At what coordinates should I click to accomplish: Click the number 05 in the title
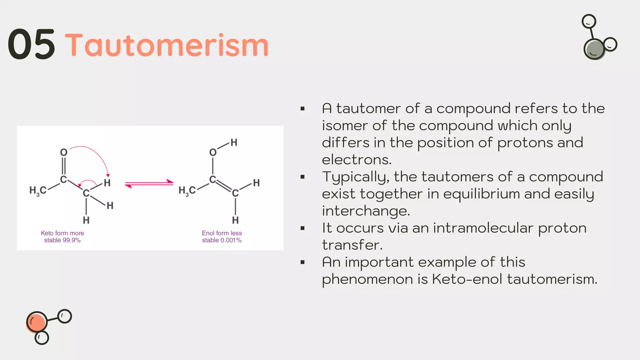tap(31, 44)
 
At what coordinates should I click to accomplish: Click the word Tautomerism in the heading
tap(167, 46)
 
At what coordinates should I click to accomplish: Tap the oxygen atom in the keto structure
tap(64, 152)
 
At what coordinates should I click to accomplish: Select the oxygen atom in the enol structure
tap(213, 152)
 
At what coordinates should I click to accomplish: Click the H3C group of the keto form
tap(38, 190)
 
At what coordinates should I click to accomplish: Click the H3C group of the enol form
tap(187, 190)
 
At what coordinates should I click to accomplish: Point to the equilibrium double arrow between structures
tap(149, 184)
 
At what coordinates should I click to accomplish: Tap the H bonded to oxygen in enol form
tap(234, 143)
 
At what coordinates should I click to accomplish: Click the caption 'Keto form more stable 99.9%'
tap(62, 237)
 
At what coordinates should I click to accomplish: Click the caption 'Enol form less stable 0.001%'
tap(222, 237)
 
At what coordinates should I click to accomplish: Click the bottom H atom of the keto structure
tap(86, 220)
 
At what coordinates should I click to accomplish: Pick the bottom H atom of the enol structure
tap(235, 220)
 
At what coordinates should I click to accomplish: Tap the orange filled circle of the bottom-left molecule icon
tap(37, 322)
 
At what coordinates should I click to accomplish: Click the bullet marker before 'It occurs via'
tap(302, 228)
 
